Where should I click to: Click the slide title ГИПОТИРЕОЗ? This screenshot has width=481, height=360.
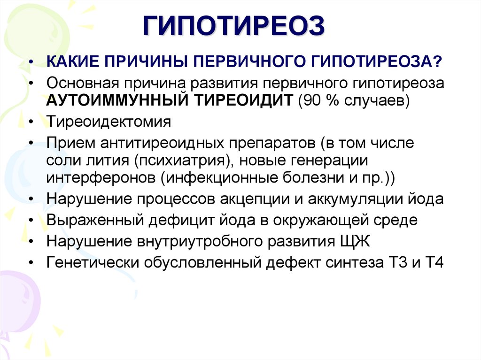[x=233, y=26]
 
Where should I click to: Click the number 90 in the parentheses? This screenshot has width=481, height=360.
[x=312, y=100]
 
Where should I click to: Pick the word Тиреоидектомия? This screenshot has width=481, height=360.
[x=109, y=122]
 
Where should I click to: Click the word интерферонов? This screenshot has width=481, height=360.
[x=101, y=178]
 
